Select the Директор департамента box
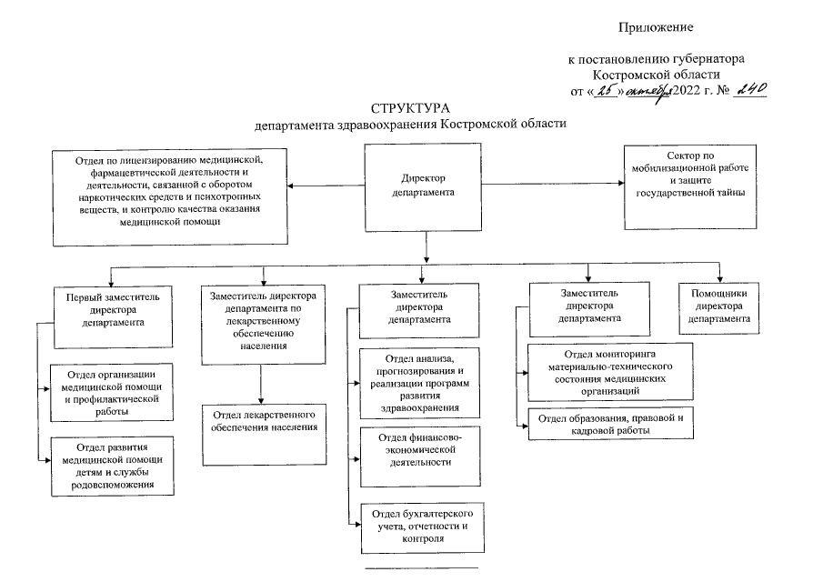pos(424,186)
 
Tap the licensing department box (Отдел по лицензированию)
pos(169,196)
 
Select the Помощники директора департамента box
pos(719,307)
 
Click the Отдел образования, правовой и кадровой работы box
pos(605,425)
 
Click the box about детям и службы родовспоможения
pos(112,466)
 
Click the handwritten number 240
pos(750,89)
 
